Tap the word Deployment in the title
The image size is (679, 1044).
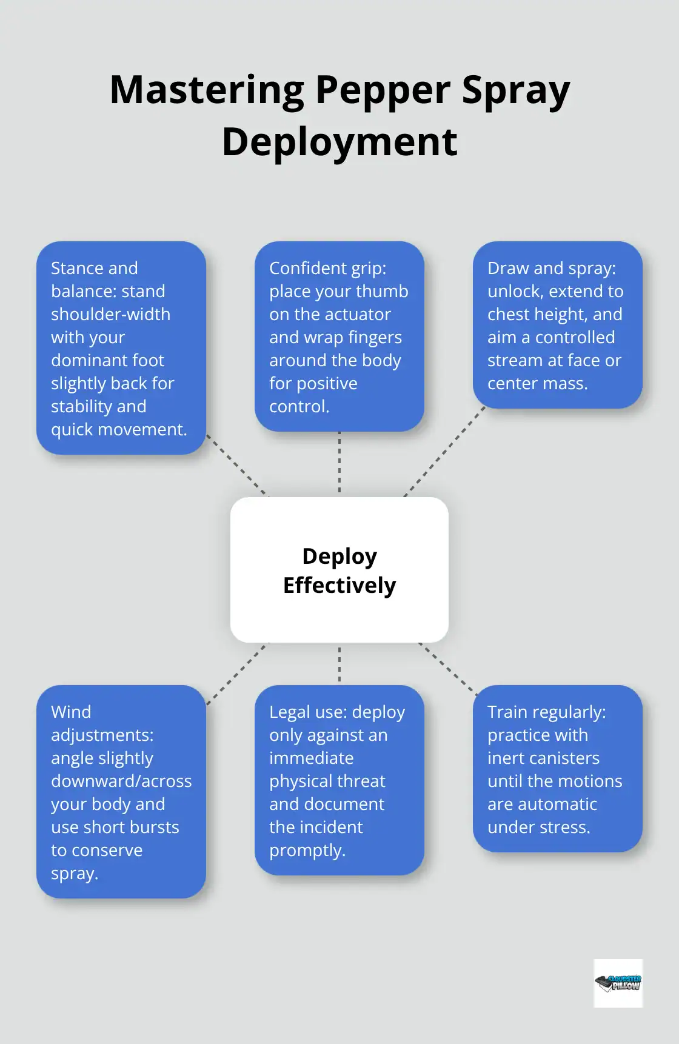[339, 142]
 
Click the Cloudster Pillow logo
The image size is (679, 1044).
[618, 983]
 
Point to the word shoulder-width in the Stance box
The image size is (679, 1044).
[110, 314]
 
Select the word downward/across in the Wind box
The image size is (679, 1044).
[121, 781]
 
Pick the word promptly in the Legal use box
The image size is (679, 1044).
[307, 850]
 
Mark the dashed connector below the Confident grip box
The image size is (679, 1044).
[339, 463]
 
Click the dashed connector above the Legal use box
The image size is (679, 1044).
[339, 664]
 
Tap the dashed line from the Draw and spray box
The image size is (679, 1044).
[445, 451]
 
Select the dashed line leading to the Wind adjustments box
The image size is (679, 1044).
[238, 673]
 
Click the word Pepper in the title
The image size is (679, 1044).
[383, 90]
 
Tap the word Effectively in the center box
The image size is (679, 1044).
[339, 586]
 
